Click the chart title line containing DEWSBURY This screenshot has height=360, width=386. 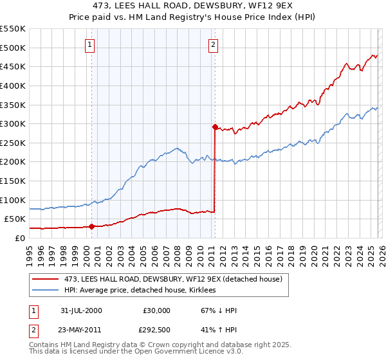pyautogui.click(x=192, y=6)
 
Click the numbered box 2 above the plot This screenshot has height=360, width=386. pyautogui.click(x=213, y=44)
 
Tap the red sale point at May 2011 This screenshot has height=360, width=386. pyautogui.click(x=215, y=127)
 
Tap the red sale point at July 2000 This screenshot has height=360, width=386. pyautogui.click(x=92, y=226)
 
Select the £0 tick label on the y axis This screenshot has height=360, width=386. pyautogui.click(x=19, y=238)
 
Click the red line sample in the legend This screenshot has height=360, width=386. pyautogui.click(x=46, y=279)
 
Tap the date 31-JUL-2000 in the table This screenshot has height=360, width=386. pyautogui.click(x=81, y=310)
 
